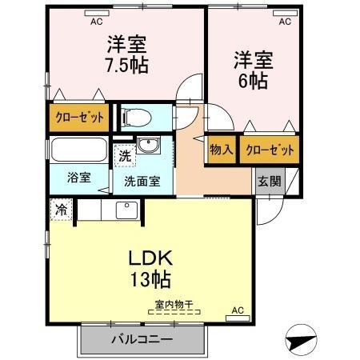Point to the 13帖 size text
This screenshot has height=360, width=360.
[x=150, y=281]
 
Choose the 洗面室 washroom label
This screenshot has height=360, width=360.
[x=142, y=181]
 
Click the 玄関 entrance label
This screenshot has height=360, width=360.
[x=268, y=181]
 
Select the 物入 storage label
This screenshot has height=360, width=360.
[x=221, y=150]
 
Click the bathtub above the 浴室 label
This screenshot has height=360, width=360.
[x=78, y=151]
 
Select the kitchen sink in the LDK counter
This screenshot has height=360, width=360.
[x=126, y=210]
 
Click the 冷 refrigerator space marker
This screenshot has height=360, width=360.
[x=61, y=210]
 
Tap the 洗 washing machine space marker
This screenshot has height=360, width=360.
[x=124, y=157]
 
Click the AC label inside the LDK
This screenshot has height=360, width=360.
[x=238, y=310]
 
